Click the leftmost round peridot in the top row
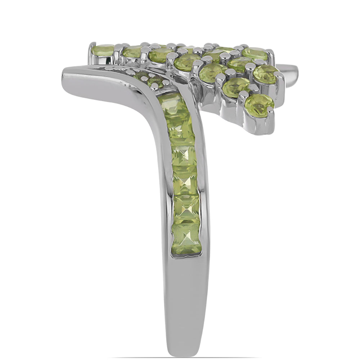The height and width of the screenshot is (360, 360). (103, 50)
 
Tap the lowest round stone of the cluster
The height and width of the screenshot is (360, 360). (260, 105)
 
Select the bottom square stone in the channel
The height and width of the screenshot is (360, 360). (186, 239)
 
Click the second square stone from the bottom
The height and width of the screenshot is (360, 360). (186, 210)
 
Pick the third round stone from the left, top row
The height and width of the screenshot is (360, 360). (160, 55)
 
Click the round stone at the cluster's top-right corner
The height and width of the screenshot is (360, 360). (255, 54)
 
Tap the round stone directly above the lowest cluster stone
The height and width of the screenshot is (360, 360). (236, 87)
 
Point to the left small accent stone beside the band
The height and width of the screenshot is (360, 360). (141, 75)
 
